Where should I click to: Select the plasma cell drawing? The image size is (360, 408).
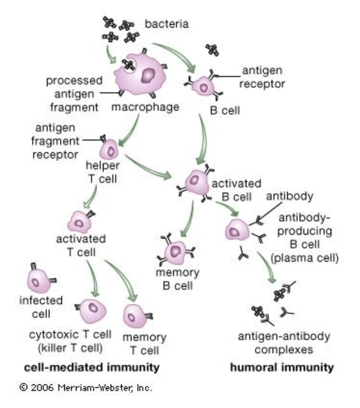[x=236, y=229]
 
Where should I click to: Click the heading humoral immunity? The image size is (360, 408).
[x=281, y=367]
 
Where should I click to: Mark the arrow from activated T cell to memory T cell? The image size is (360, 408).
[x=120, y=276]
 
